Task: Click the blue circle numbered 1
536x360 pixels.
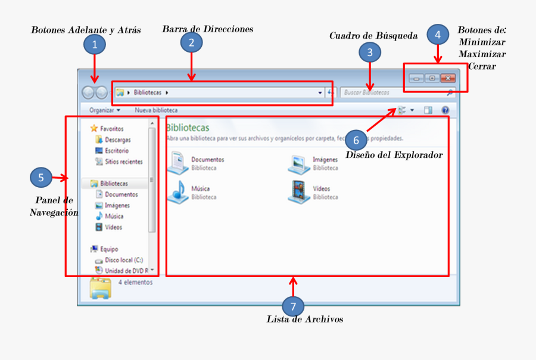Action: pyautogui.click(x=94, y=44)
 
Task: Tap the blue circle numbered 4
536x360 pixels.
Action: pyautogui.click(x=438, y=35)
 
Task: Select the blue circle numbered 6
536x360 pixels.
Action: pyautogui.click(x=356, y=140)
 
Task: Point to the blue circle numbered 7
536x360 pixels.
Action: pyautogui.click(x=292, y=306)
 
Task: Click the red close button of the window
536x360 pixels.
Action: pyautogui.click(x=447, y=78)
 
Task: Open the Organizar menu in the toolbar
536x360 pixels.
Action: pyautogui.click(x=104, y=110)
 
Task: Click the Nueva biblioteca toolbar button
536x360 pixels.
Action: pyautogui.click(x=156, y=110)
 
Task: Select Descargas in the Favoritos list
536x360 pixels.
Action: pyautogui.click(x=117, y=139)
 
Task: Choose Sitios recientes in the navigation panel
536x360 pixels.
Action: pyautogui.click(x=123, y=162)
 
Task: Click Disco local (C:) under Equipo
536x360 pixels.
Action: pyautogui.click(x=123, y=260)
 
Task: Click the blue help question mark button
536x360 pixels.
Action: pyautogui.click(x=445, y=110)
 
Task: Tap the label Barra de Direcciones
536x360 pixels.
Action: pyautogui.click(x=208, y=29)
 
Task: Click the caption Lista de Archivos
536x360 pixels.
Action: pyautogui.click(x=305, y=319)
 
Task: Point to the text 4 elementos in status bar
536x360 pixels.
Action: pyautogui.click(x=135, y=282)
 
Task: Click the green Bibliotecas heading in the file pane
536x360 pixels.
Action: pyautogui.click(x=188, y=128)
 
